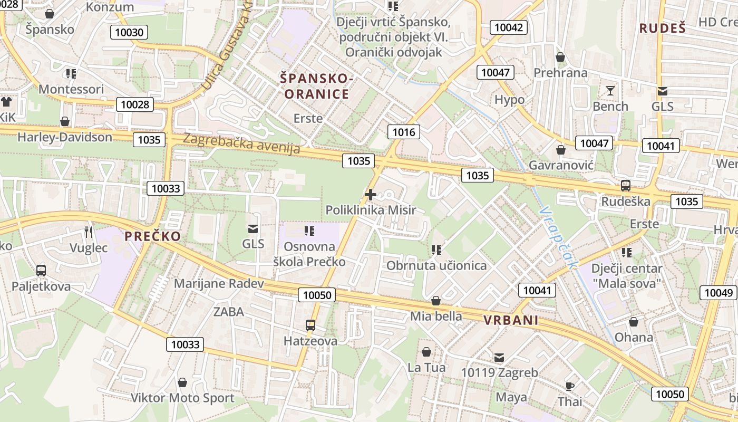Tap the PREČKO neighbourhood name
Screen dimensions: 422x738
coord(153,236)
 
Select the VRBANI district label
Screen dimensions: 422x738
coord(511,320)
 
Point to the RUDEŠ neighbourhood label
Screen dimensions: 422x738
coord(663,28)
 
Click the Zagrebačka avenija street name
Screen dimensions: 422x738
coord(242,143)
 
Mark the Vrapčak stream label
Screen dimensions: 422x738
coord(559,237)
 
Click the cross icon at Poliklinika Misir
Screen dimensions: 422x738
coord(371,195)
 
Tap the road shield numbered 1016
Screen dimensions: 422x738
coord(404,132)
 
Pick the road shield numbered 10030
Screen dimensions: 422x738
coord(128,33)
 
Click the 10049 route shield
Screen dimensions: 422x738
coord(718,293)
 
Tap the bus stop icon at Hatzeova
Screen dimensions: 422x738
coord(310,325)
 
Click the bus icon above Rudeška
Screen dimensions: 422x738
coord(626,186)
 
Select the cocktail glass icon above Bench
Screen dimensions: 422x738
coord(610,91)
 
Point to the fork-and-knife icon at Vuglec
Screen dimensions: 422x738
coord(89,232)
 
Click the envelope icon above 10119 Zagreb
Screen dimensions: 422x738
coord(499,357)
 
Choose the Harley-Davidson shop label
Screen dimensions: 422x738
coord(65,137)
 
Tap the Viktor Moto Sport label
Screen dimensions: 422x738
coord(182,398)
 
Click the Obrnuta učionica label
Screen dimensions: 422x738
coord(436,265)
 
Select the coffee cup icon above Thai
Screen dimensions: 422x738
coord(570,386)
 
